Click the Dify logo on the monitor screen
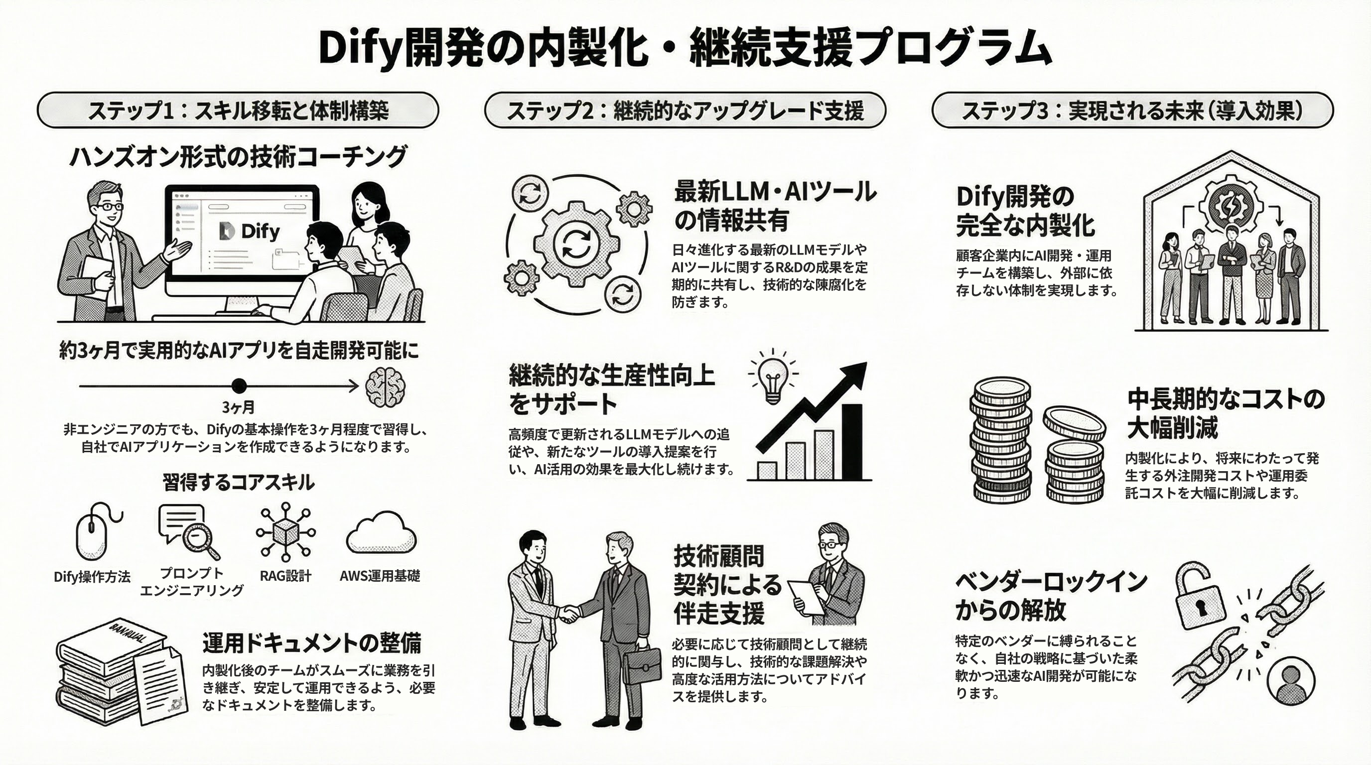[249, 232]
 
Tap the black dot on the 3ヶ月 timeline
[239, 385]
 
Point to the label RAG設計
[285, 576]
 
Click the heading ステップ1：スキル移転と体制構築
[238, 110]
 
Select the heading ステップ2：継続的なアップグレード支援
[685, 110]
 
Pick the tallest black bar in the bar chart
[851, 442]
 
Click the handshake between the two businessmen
[568, 615]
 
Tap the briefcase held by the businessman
[641, 665]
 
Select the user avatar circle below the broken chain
[1290, 681]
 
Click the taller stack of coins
[1000, 442]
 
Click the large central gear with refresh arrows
[576, 244]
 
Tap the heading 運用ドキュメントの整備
[312, 642]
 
